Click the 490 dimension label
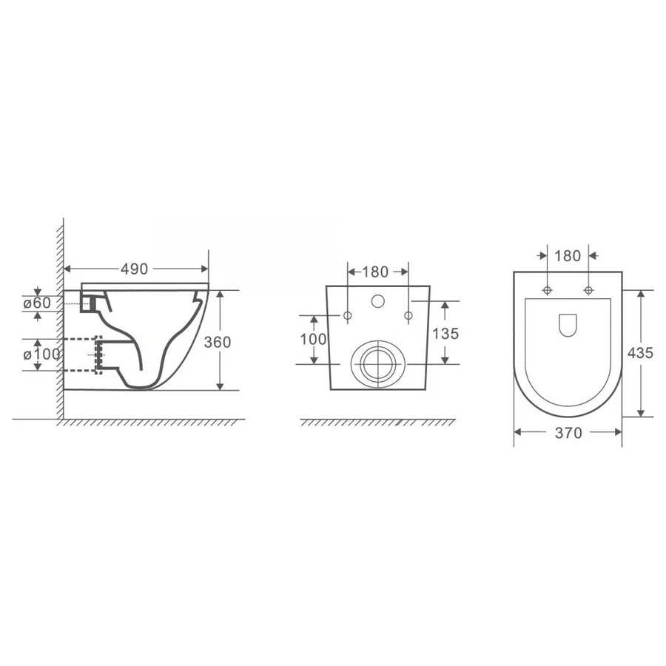tap(134, 269)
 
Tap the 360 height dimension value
tap(218, 342)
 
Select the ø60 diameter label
tap(38, 303)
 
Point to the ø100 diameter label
tap(41, 354)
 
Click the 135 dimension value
tap(445, 334)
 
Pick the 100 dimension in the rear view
tap(314, 340)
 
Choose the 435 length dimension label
tap(640, 352)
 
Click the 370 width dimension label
tap(568, 433)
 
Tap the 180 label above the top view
tap(568, 256)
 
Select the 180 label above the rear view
tap(375, 272)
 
